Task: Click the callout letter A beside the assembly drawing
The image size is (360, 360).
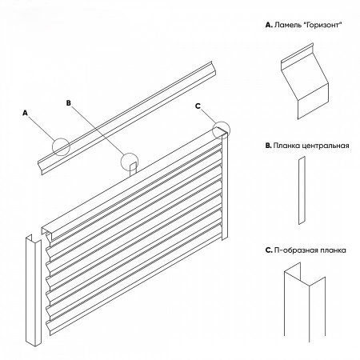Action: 25,113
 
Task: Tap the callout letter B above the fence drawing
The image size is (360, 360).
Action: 69,103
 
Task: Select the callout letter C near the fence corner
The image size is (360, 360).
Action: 198,106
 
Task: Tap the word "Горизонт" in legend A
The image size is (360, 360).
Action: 322,26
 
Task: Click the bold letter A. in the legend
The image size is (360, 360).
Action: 269,25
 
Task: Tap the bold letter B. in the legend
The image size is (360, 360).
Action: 268,146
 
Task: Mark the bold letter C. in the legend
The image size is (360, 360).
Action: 269,250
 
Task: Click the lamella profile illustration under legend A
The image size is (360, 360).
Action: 305,82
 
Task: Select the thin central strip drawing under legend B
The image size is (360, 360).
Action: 302,190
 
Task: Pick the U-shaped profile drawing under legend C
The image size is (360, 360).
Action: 305,302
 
